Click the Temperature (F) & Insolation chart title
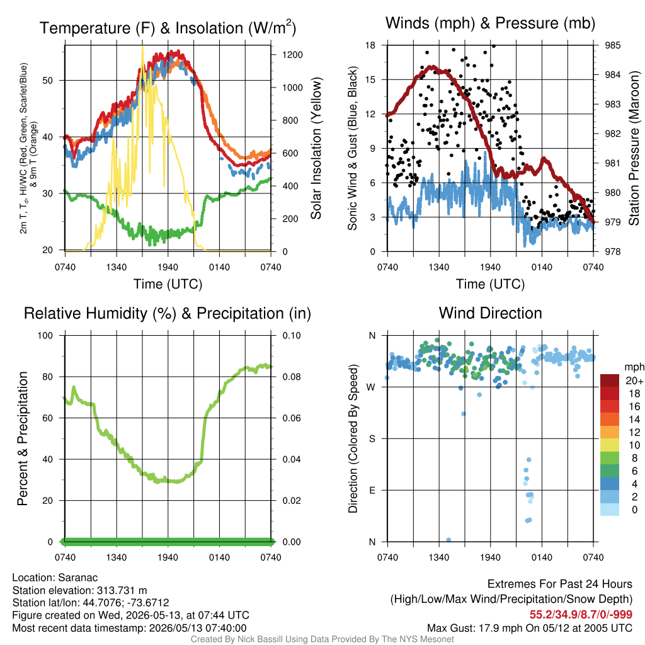click(168, 28)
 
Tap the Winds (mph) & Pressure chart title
click(490, 23)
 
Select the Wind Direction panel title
click(490, 313)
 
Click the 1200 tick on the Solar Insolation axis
click(292, 55)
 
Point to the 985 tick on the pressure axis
click(612, 45)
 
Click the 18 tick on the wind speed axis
click(370, 45)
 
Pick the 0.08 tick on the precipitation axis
click(292, 377)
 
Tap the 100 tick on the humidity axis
click(45, 335)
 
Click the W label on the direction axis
click(371, 387)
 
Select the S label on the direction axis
click(372, 439)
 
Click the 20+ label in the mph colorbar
click(634, 381)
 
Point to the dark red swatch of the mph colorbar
click(610, 381)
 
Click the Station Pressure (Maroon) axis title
click(634, 148)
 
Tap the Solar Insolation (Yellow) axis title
click(316, 148)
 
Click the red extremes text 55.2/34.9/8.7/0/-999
click(581, 615)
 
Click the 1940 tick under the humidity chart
click(168, 557)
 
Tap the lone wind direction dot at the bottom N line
click(448, 540)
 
